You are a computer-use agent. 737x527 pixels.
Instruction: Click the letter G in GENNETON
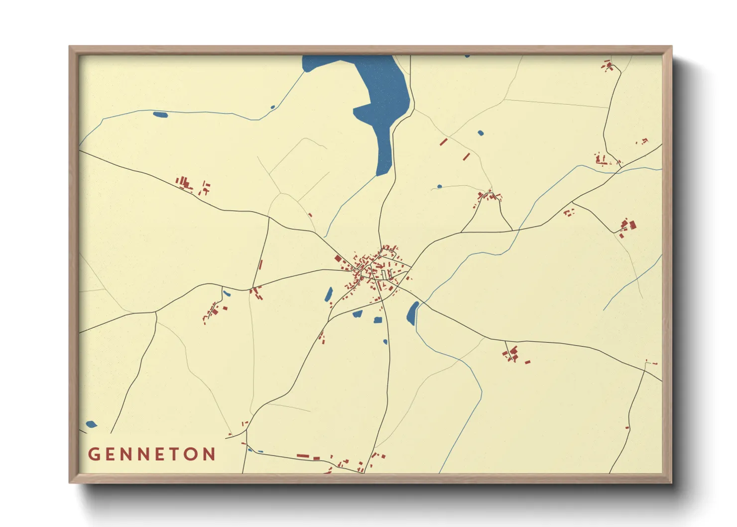point(94,454)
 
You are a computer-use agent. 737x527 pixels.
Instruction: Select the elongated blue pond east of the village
point(412,313)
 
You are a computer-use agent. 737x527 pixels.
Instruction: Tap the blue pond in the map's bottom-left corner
point(91,424)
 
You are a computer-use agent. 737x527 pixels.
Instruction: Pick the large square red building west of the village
point(338,259)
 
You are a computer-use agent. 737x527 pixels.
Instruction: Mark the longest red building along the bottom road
point(303,455)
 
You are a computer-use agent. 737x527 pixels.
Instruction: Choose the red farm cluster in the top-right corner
point(608,65)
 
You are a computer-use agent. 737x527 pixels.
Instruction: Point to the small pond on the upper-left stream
point(160,115)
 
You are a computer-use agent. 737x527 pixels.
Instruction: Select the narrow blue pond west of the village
point(329,294)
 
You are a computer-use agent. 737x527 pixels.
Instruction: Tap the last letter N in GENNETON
point(210,454)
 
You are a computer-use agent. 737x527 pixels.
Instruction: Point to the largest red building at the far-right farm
point(632,225)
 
